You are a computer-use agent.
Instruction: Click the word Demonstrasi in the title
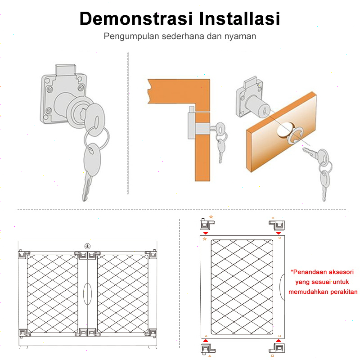136,18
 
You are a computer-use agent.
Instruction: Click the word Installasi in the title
240,18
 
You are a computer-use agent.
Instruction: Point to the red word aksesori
341,272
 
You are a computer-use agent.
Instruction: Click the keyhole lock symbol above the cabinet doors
87,246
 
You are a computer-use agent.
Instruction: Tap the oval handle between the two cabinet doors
87,294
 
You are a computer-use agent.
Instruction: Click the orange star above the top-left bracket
211,217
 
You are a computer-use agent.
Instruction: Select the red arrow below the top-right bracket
279,233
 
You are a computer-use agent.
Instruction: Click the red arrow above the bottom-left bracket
206,341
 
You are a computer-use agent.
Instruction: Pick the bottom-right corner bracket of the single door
277,348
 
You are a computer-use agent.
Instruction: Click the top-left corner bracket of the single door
207,224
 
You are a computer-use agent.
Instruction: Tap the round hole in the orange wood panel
285,130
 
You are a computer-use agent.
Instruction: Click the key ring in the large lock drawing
96,139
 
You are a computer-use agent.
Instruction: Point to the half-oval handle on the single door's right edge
282,287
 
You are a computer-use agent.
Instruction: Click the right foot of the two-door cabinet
152,347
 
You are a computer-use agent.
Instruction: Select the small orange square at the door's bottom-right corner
279,336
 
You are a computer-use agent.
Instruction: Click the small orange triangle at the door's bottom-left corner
206,336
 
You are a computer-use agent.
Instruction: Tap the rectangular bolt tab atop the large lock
65,70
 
